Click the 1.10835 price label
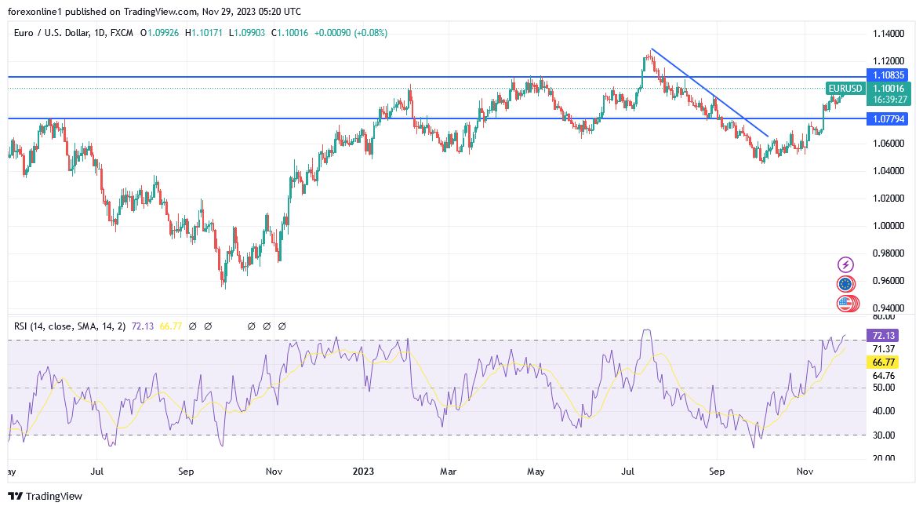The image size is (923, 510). [x=889, y=75]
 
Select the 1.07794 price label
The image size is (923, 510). [x=889, y=119]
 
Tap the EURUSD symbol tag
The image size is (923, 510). [x=845, y=89]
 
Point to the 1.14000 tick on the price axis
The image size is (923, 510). [x=888, y=34]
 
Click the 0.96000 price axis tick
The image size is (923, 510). [x=888, y=281]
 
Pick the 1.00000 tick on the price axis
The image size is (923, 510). [x=888, y=226]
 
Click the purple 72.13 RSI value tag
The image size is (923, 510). [x=883, y=336]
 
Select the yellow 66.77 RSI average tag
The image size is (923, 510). [x=883, y=362]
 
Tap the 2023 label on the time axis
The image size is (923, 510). [x=363, y=472]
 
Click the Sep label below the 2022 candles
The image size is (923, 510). [x=186, y=472]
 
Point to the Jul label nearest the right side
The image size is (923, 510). [x=627, y=472]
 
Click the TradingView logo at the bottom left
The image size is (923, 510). [x=45, y=496]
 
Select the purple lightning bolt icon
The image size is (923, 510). [x=845, y=265]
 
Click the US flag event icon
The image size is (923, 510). [x=845, y=304]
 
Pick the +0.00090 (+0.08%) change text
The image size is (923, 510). [x=351, y=33]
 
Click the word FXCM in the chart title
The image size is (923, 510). [x=121, y=33]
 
